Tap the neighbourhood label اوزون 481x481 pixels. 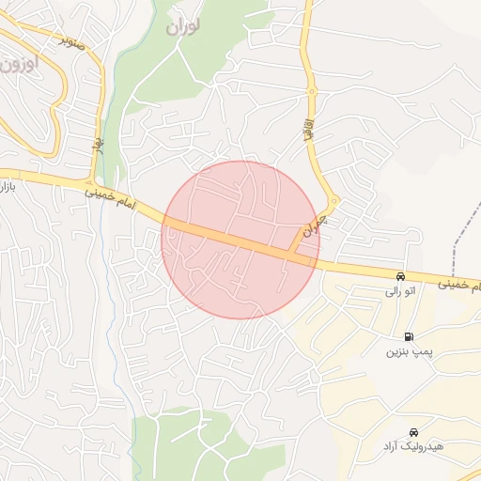click(18, 64)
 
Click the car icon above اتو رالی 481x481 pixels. click(401, 277)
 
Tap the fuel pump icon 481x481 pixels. click(409, 336)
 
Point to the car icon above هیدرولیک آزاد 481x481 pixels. click(414, 431)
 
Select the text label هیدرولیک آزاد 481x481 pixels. click(412, 445)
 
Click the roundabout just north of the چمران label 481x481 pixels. click(334, 202)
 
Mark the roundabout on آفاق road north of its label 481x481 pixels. click(311, 92)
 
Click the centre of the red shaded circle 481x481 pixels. click(240, 240)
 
